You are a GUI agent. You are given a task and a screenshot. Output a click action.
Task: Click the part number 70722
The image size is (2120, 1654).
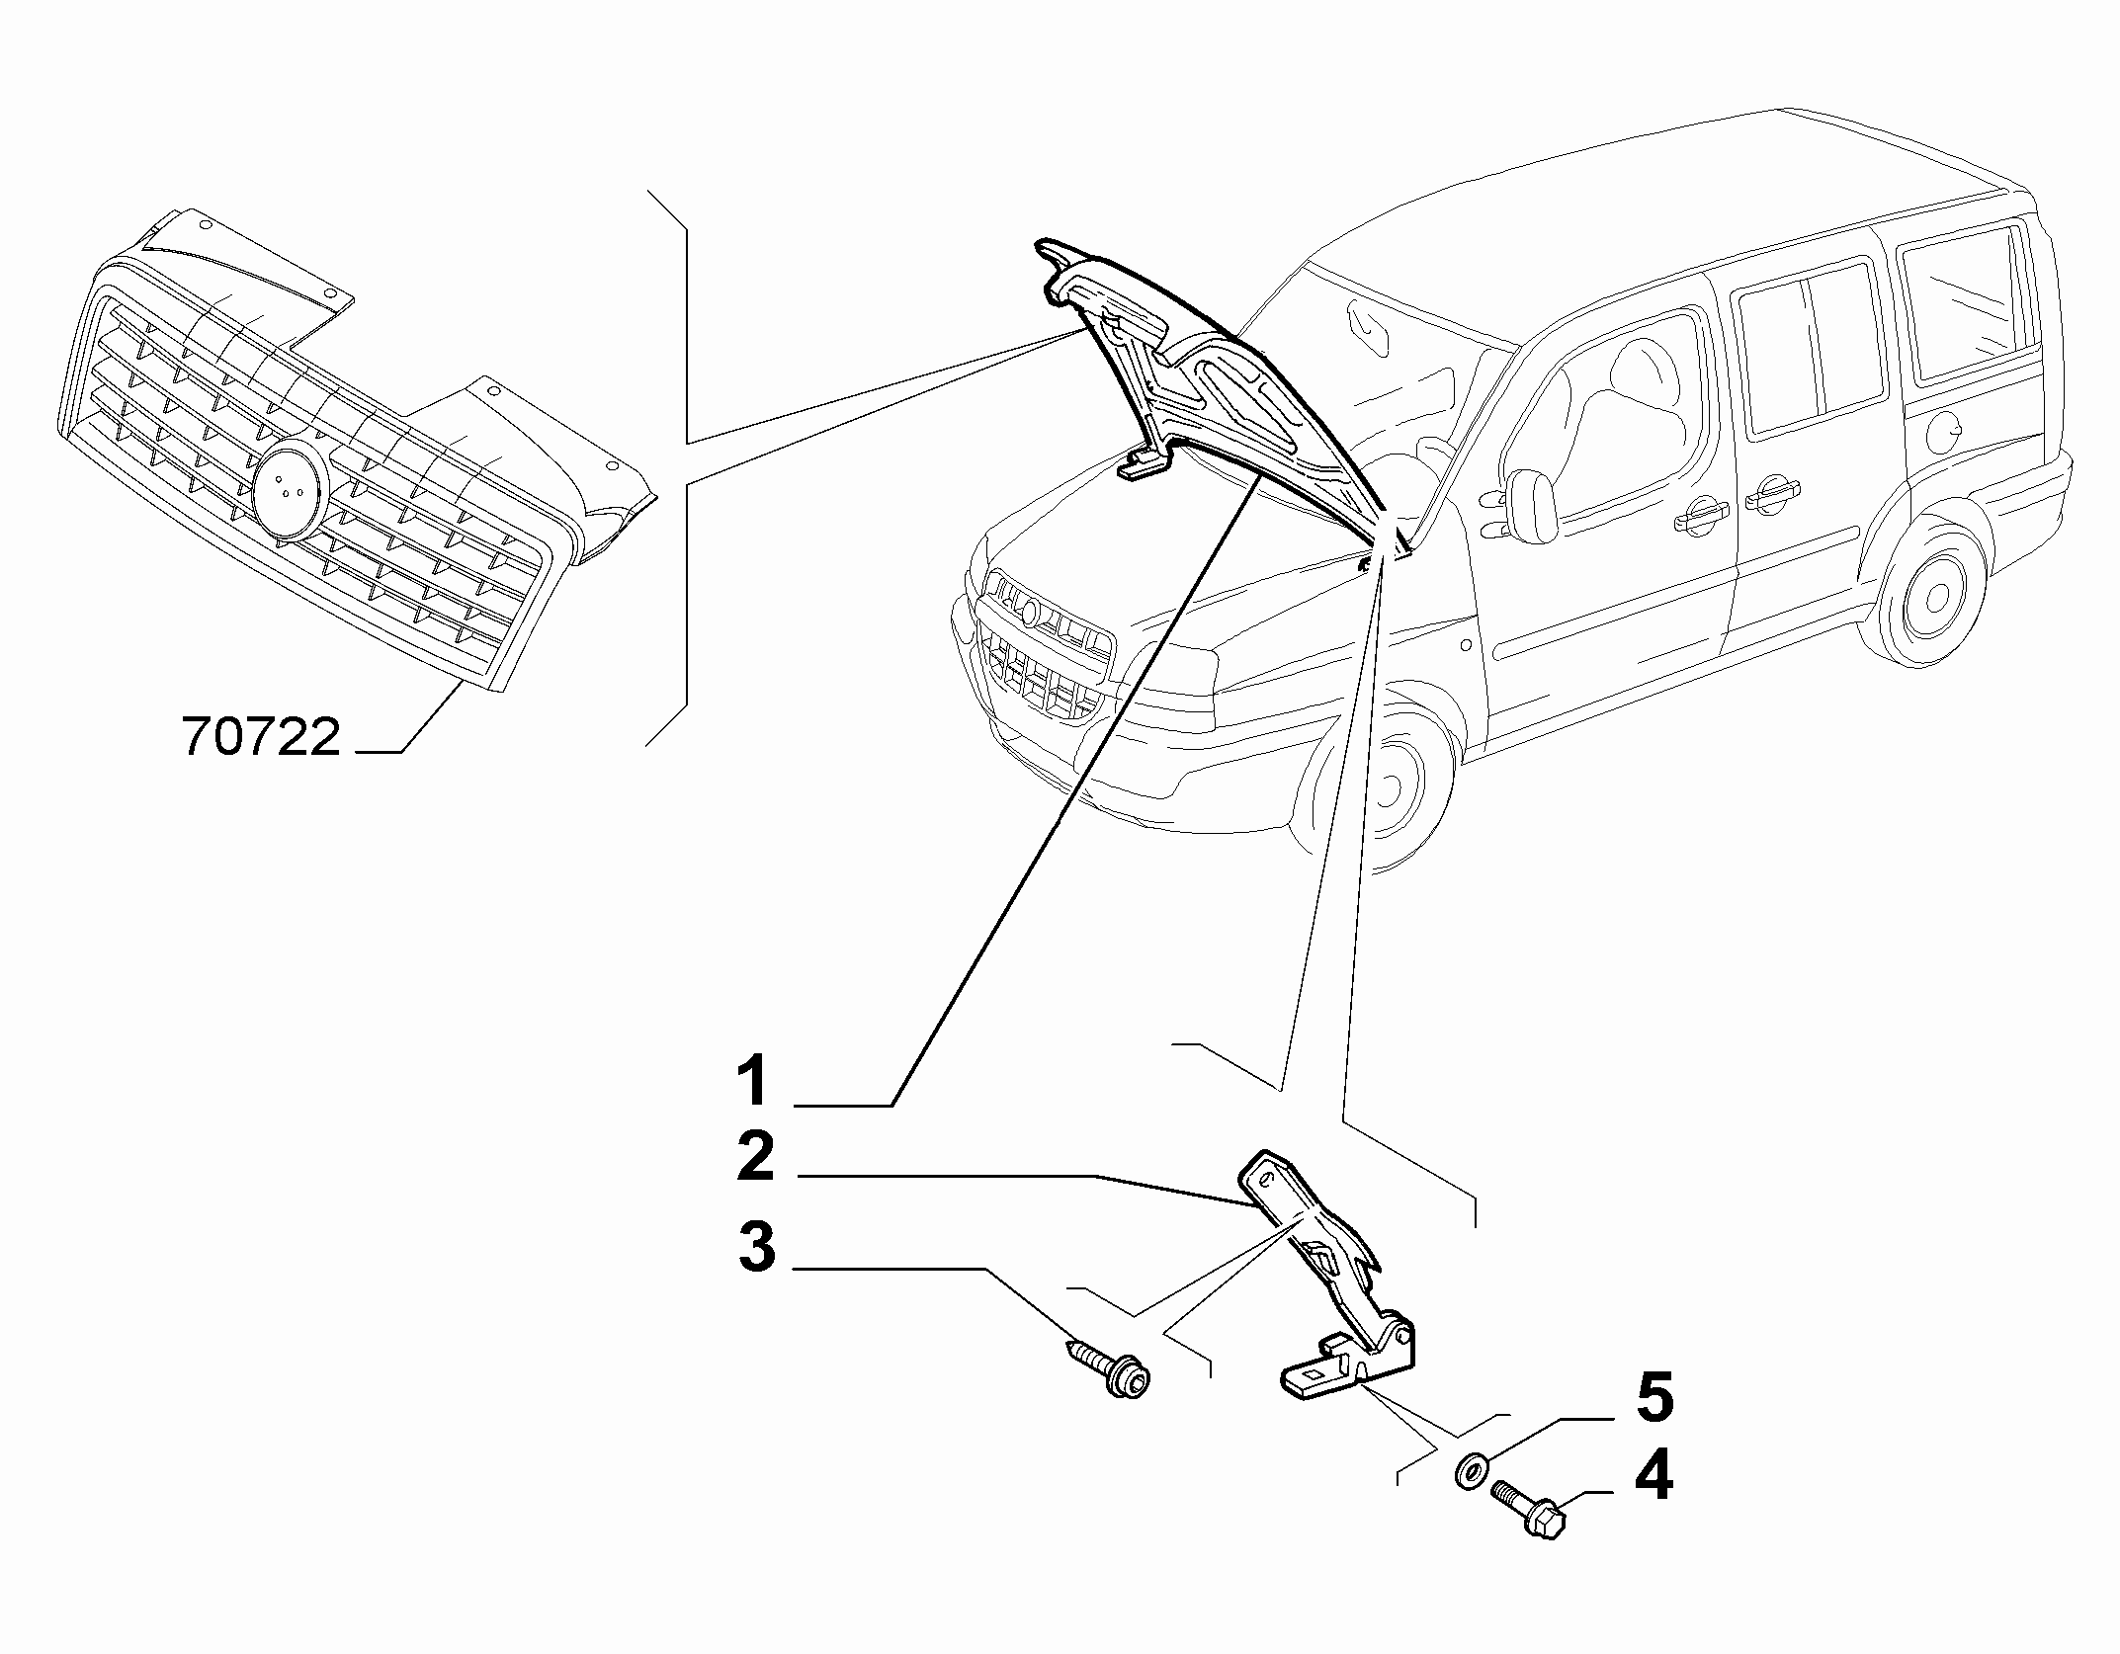[x=262, y=736]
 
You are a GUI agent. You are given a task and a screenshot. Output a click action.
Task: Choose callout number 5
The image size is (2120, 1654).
[x=1654, y=1397]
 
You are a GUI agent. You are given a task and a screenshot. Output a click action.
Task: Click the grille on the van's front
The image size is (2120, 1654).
[x=1044, y=644]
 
